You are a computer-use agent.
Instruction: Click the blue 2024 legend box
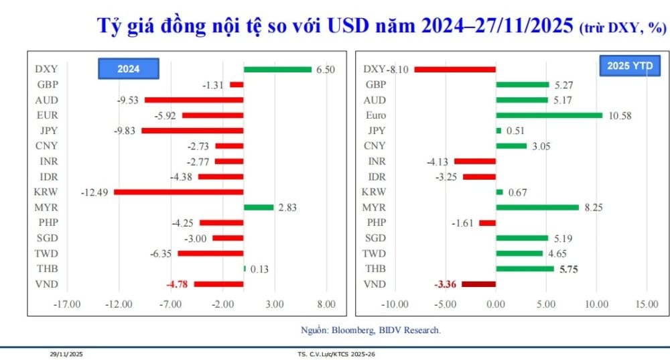click(128, 69)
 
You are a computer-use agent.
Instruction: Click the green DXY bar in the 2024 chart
click(277, 69)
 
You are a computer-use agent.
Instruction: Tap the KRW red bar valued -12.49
click(178, 192)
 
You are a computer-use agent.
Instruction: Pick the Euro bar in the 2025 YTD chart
click(549, 115)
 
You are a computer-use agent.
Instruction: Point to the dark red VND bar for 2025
click(478, 284)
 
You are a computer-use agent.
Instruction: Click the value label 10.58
click(619, 116)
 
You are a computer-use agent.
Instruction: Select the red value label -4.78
click(176, 284)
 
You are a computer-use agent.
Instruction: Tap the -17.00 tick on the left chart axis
click(67, 304)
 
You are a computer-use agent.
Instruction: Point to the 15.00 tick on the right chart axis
click(647, 304)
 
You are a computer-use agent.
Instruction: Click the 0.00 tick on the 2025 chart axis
click(496, 304)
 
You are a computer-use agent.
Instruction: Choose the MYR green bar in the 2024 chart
click(259, 207)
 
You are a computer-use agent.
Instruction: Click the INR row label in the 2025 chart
click(377, 162)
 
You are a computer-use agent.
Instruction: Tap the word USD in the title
click(349, 26)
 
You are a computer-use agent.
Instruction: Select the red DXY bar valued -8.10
click(455, 69)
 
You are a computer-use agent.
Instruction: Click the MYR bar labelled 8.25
click(537, 207)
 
